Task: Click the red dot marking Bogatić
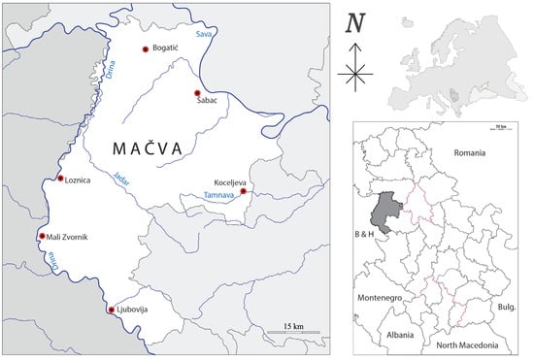click(146, 49)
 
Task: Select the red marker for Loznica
click(60, 179)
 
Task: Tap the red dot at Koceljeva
click(243, 192)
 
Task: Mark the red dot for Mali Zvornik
click(41, 236)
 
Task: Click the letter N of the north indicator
click(355, 22)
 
